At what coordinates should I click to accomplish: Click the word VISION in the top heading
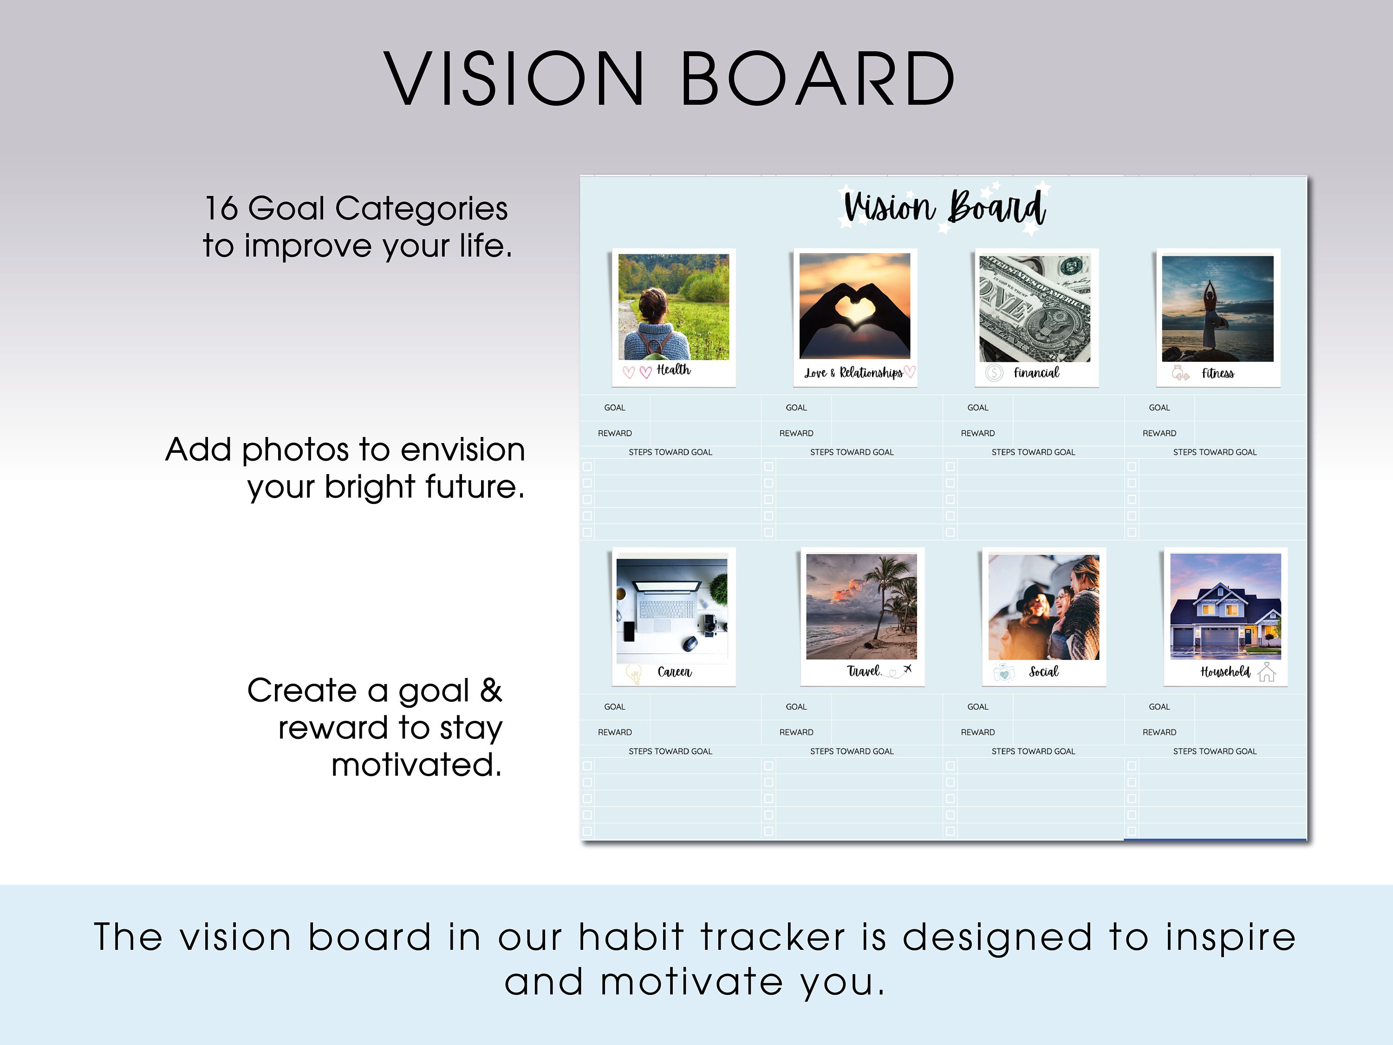[513, 79]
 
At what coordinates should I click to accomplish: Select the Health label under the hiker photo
[673, 370]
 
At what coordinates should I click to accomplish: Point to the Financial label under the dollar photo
[1036, 373]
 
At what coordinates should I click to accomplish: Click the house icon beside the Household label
[1266, 672]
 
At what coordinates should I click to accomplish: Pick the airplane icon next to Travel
[907, 668]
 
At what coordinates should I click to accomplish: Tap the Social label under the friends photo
[1043, 672]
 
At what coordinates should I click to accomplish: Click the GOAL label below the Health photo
[615, 407]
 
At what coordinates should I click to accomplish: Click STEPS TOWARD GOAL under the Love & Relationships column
[852, 452]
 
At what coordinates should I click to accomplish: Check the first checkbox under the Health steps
[587, 467]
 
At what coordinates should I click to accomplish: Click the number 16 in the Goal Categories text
[221, 209]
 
